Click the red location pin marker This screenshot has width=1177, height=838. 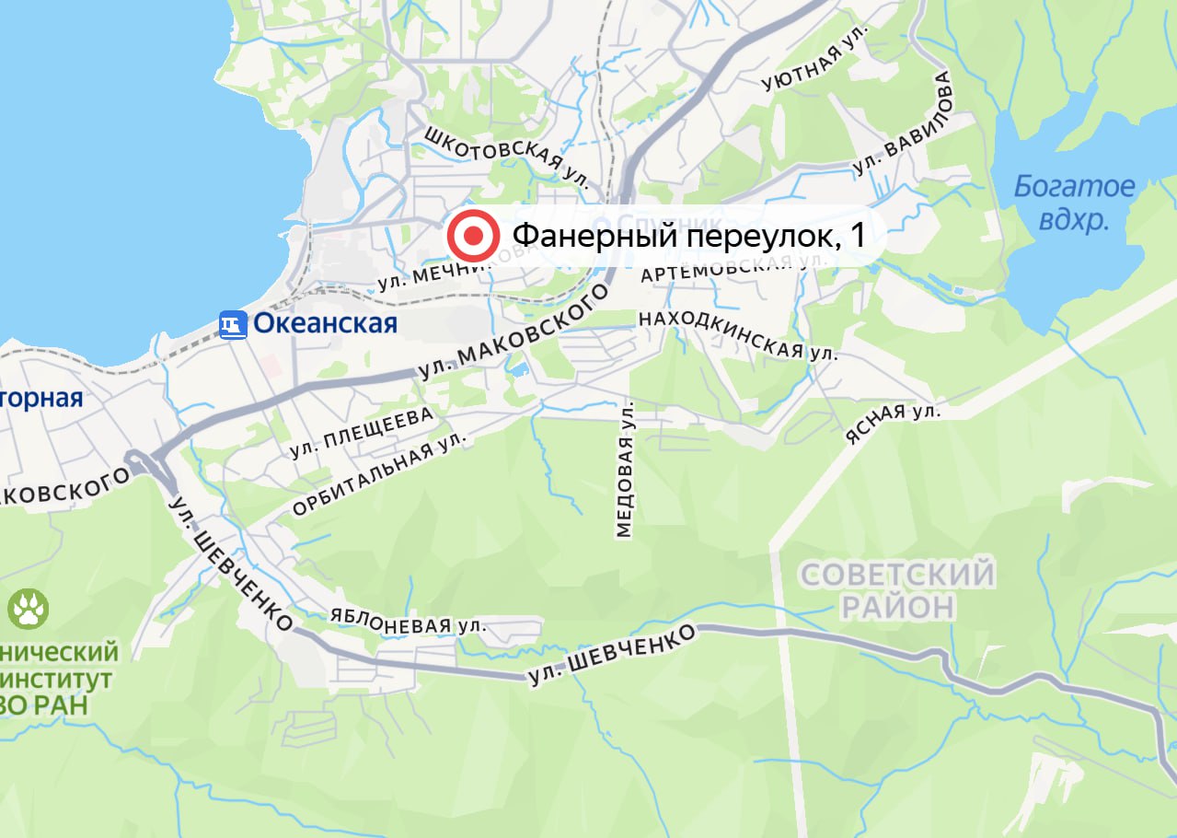coord(473,236)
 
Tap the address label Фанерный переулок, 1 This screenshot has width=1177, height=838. coord(687,236)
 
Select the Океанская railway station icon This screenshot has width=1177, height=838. coord(234,324)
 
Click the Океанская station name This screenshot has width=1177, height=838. coord(325,323)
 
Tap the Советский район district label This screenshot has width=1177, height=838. coord(897,590)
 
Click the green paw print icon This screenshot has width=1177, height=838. coord(29,609)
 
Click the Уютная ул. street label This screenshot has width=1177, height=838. coord(803,66)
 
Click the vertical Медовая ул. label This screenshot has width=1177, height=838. coord(626,469)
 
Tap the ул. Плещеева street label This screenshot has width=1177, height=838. coord(361,433)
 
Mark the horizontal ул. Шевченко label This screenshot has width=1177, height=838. coord(611,656)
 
